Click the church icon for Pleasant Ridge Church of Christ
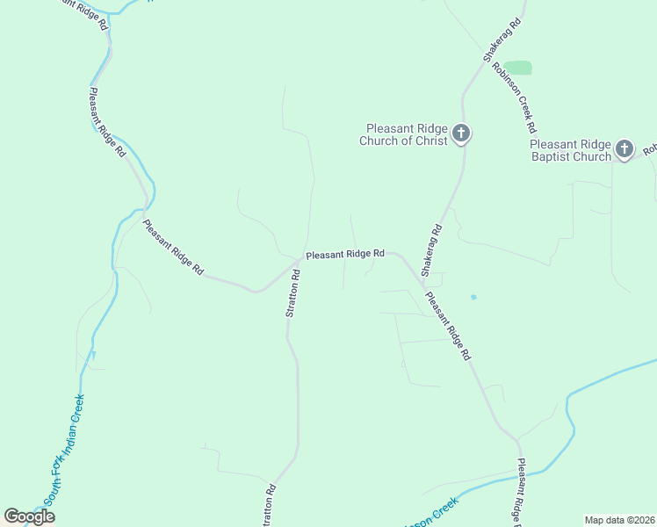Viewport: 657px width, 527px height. pyautogui.click(x=461, y=134)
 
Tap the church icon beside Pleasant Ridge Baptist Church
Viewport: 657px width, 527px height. pyautogui.click(x=624, y=148)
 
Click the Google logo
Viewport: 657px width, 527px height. pyautogui.click(x=29, y=516)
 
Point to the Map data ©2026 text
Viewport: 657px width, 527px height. pyautogui.click(x=619, y=520)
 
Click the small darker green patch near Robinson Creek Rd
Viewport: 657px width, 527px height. pyautogui.click(x=519, y=68)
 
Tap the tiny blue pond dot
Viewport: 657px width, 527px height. pyautogui.click(x=473, y=297)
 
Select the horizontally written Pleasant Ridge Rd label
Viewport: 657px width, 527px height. pyautogui.click(x=345, y=254)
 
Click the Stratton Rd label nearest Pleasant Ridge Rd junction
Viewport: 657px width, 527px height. pyautogui.click(x=294, y=292)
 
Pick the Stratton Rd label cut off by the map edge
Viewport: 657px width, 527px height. pyautogui.click(x=269, y=507)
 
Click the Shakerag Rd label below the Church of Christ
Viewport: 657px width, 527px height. pyautogui.click(x=431, y=251)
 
